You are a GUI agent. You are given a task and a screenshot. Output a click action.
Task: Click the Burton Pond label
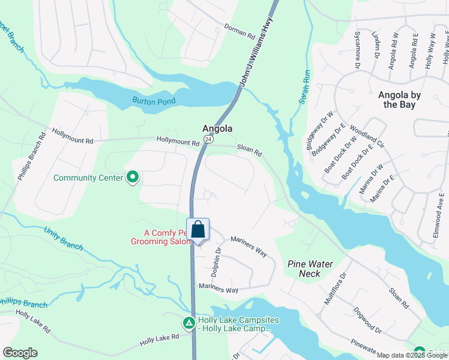coord(154,101)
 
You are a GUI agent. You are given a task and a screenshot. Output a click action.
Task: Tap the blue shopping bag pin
coord(198,230)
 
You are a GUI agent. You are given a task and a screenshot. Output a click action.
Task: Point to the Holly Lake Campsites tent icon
coord(188,323)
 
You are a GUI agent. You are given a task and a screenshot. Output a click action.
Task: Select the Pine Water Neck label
coord(310,268)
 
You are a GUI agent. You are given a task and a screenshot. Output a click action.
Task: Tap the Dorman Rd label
coord(240,31)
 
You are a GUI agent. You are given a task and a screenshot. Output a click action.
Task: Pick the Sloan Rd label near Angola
coord(249,150)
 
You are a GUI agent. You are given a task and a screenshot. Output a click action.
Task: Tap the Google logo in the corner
coord(20,352)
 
